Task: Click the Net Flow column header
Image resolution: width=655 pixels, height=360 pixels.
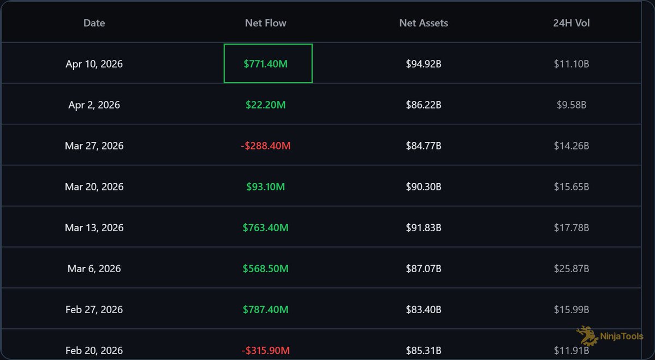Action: click(265, 23)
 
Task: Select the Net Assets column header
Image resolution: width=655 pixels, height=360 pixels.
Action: click(424, 23)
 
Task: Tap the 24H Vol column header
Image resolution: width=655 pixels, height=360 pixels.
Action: click(571, 23)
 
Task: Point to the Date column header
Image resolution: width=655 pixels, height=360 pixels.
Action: click(94, 23)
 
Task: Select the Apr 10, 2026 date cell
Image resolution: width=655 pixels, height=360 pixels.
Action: click(94, 64)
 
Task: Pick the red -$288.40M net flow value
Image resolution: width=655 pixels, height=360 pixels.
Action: click(265, 146)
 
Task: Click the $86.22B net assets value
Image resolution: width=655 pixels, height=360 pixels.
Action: click(424, 105)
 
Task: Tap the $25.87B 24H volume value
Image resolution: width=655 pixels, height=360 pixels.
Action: click(571, 268)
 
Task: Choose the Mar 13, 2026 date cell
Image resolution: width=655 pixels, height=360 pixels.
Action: click(94, 227)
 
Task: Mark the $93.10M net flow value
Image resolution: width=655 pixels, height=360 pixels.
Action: click(265, 187)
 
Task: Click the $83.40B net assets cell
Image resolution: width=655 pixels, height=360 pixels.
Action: click(424, 309)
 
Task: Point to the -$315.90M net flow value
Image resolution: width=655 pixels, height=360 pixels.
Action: click(265, 350)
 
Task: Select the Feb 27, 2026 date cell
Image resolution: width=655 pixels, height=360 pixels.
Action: click(94, 309)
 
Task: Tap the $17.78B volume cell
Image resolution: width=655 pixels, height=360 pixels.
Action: click(571, 227)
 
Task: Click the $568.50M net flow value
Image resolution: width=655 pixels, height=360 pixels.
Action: click(265, 268)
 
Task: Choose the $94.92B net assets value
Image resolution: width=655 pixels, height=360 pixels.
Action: click(424, 64)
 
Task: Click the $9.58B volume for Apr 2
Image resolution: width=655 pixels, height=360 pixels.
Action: click(571, 105)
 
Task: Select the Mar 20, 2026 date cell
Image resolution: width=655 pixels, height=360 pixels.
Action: click(94, 187)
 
